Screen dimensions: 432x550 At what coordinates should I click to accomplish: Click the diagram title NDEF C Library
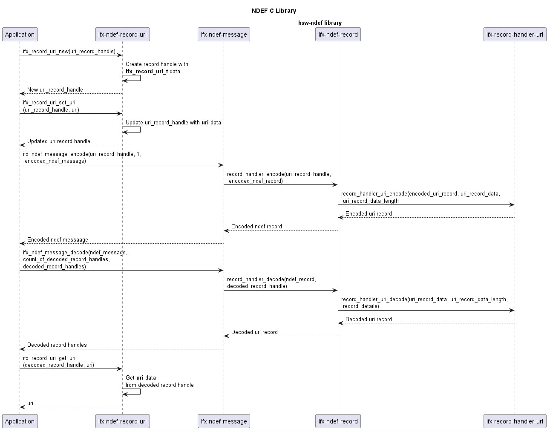tap(274, 11)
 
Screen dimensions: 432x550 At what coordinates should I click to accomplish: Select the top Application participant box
tap(20, 35)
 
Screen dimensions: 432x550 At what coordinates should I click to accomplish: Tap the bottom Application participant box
tap(20, 421)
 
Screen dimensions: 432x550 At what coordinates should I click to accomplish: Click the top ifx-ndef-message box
tap(224, 35)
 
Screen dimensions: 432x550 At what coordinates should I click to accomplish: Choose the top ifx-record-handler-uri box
tap(515, 35)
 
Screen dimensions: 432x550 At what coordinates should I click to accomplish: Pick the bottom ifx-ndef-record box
tap(338, 421)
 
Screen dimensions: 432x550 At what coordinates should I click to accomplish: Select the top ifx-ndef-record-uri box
tap(122, 35)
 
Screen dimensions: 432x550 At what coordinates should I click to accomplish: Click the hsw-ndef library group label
tap(320, 23)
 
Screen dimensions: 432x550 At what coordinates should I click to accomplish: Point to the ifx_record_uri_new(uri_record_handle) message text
tap(69, 52)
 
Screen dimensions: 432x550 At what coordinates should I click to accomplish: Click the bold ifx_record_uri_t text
tap(147, 72)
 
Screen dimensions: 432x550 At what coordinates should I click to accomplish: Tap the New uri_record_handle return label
tap(55, 90)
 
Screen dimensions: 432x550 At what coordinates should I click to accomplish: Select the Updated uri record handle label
tap(59, 141)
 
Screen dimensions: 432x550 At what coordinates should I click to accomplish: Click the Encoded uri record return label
tap(369, 214)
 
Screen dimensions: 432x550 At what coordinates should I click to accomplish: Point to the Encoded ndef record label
tap(256, 227)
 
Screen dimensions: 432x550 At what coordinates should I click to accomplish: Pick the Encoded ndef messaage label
tap(58, 240)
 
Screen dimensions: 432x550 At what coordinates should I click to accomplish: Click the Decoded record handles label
tap(57, 345)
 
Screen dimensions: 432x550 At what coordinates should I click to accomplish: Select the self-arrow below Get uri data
tap(132, 391)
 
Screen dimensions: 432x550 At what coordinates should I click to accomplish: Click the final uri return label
tap(30, 403)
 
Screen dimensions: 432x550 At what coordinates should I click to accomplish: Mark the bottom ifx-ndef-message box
tap(224, 421)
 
